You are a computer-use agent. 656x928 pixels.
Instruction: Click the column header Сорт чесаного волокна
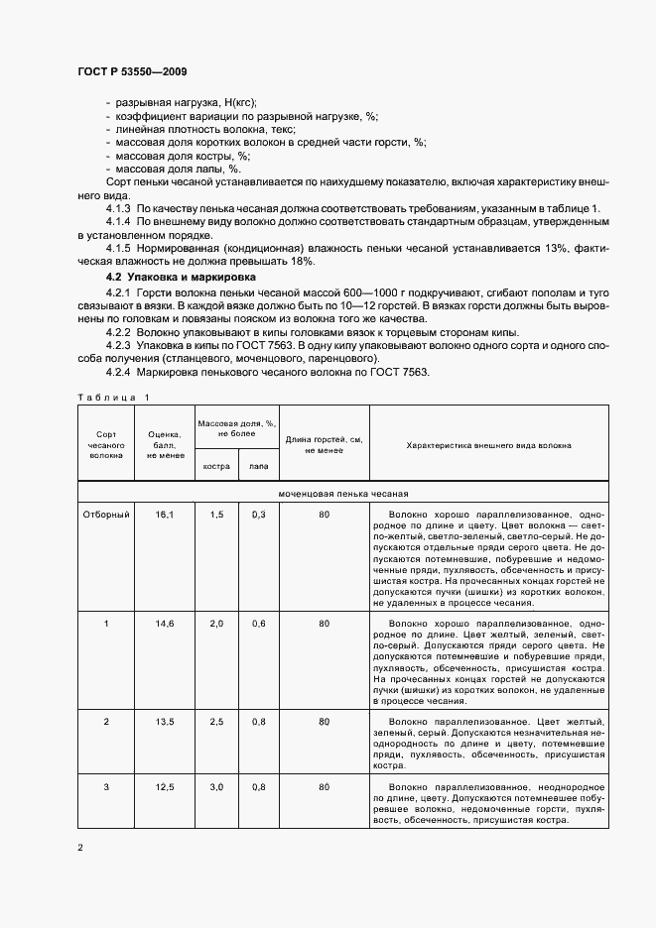(106, 443)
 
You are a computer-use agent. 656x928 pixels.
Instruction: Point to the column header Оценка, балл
(164, 443)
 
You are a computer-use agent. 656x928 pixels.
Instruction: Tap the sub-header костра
(216, 466)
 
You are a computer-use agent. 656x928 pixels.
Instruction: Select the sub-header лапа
(258, 466)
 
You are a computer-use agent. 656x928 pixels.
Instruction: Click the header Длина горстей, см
(325, 445)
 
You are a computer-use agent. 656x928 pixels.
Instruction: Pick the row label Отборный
(106, 515)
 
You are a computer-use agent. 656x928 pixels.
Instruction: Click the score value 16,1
(164, 515)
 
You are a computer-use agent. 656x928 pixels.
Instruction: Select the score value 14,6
(164, 623)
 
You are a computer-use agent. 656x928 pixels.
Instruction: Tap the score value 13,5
(164, 720)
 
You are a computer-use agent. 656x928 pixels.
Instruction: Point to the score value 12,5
(164, 787)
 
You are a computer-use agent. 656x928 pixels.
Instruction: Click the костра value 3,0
(216, 787)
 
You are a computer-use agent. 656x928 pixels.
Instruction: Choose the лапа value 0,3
(258, 515)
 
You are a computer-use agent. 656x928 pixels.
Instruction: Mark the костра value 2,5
(216, 720)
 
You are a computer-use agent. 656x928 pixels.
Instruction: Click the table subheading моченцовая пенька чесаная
(343, 493)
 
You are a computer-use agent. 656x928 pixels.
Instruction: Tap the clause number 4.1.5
(118, 247)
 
